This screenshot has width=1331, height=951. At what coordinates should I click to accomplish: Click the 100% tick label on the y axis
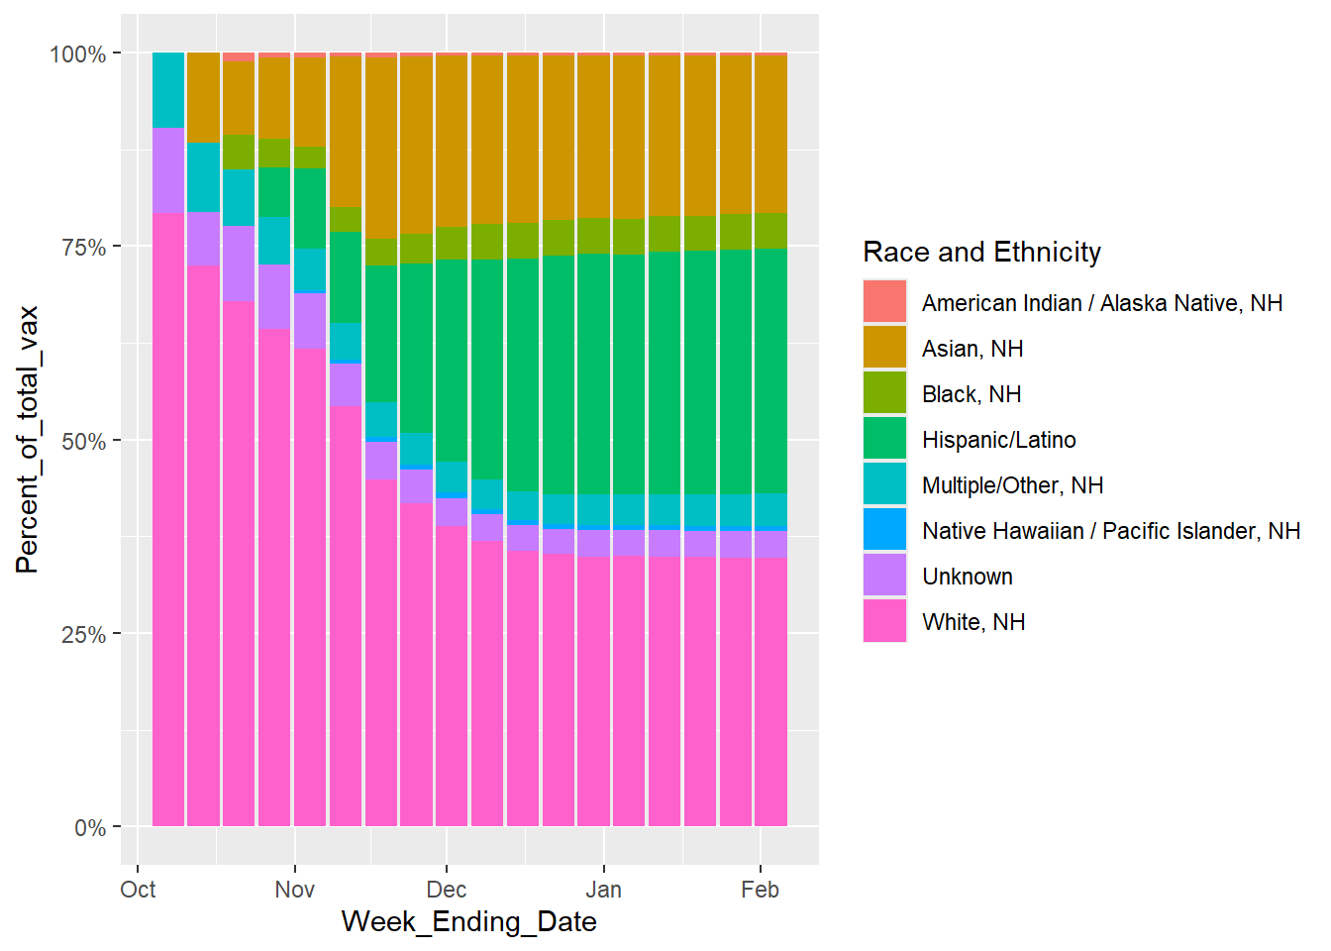[x=77, y=54]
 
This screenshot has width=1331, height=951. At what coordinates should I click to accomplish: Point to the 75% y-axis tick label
[x=83, y=248]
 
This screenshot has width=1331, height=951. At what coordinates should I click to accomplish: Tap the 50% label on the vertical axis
[x=83, y=442]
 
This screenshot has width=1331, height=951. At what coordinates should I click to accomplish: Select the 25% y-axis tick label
[x=83, y=635]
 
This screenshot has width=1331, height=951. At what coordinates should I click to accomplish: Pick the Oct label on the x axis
[x=138, y=890]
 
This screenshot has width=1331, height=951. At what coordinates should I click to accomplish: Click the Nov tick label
[x=294, y=890]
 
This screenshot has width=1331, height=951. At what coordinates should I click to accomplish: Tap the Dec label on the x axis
[x=447, y=890]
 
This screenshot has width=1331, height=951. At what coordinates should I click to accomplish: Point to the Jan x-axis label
[x=603, y=890]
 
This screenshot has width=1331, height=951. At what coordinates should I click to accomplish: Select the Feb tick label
[x=760, y=890]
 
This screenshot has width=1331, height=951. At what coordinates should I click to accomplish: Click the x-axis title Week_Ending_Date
[x=468, y=922]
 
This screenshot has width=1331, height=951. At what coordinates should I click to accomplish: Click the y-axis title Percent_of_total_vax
[x=27, y=440]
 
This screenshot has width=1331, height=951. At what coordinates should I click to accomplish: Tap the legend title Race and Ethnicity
[x=981, y=253]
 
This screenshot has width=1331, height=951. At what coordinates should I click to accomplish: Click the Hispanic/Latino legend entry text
[x=998, y=440]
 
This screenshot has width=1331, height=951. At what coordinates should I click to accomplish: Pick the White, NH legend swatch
[x=884, y=622]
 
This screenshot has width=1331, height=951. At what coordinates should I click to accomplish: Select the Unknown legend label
[x=967, y=577]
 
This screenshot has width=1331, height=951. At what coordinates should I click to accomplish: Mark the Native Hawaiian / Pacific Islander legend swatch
[x=884, y=531]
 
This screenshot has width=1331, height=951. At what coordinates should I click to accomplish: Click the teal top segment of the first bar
[x=168, y=90]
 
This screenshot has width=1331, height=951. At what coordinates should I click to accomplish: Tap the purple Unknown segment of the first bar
[x=168, y=170]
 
